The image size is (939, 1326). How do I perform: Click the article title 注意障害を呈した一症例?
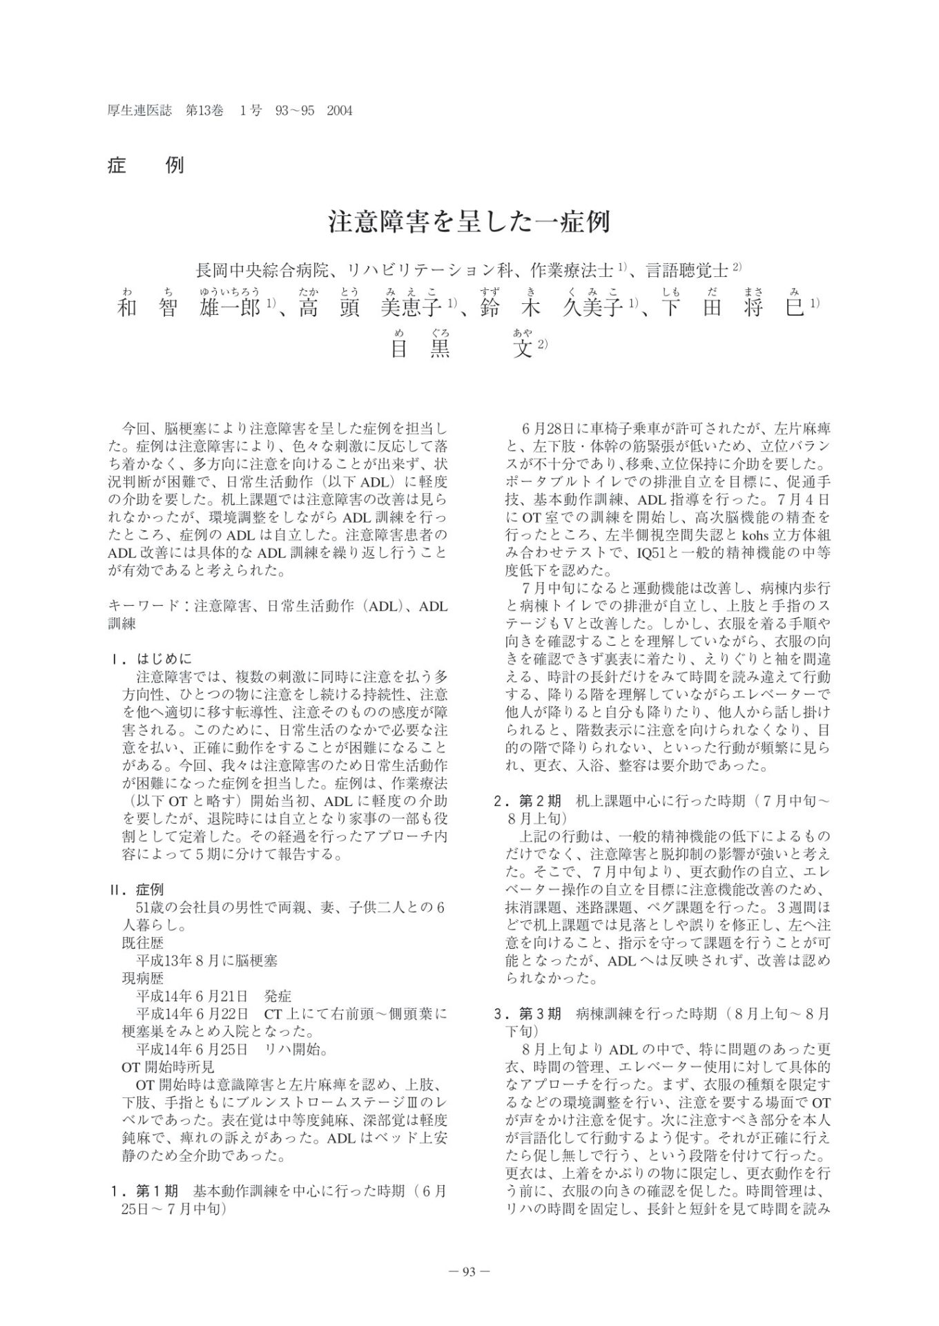469,222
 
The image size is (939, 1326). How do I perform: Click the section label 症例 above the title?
146,166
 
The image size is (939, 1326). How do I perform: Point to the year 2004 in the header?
339,110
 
